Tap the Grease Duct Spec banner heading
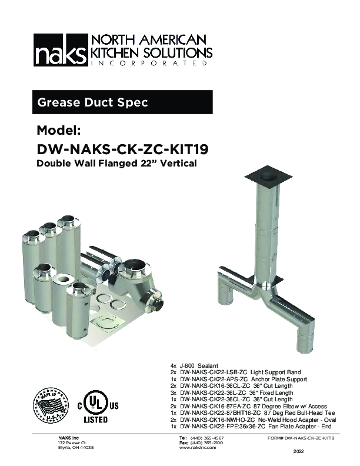point(92,102)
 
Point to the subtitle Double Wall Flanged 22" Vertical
point(116,163)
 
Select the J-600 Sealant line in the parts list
point(198,366)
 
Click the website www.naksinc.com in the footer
point(197,447)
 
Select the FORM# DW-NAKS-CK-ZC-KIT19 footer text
point(301,438)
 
